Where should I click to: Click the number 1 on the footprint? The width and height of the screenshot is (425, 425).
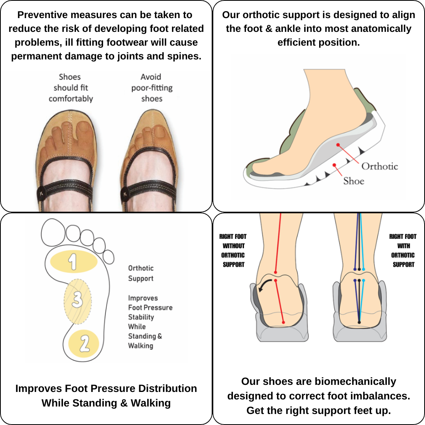point(72,262)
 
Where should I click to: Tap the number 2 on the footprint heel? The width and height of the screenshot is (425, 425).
point(85,344)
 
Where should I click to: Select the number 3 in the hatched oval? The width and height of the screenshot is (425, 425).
point(77,300)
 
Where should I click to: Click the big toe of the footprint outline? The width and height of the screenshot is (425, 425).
point(53,233)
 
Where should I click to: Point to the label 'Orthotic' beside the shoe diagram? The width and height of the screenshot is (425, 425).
point(379,166)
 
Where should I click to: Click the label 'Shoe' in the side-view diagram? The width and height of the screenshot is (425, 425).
point(354,181)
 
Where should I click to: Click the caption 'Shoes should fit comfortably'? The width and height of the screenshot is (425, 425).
point(71,87)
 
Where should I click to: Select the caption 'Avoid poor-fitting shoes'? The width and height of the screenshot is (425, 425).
point(152,87)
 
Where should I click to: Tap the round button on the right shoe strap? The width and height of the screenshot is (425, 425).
point(125,194)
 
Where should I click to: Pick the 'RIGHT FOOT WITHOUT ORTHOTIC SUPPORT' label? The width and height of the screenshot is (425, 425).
point(233,250)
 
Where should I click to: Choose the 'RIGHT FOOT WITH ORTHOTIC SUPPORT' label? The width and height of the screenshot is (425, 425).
point(403,250)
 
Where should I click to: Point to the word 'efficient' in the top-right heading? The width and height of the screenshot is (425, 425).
point(296,42)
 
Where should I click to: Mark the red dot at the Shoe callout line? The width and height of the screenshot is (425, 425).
point(334,165)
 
